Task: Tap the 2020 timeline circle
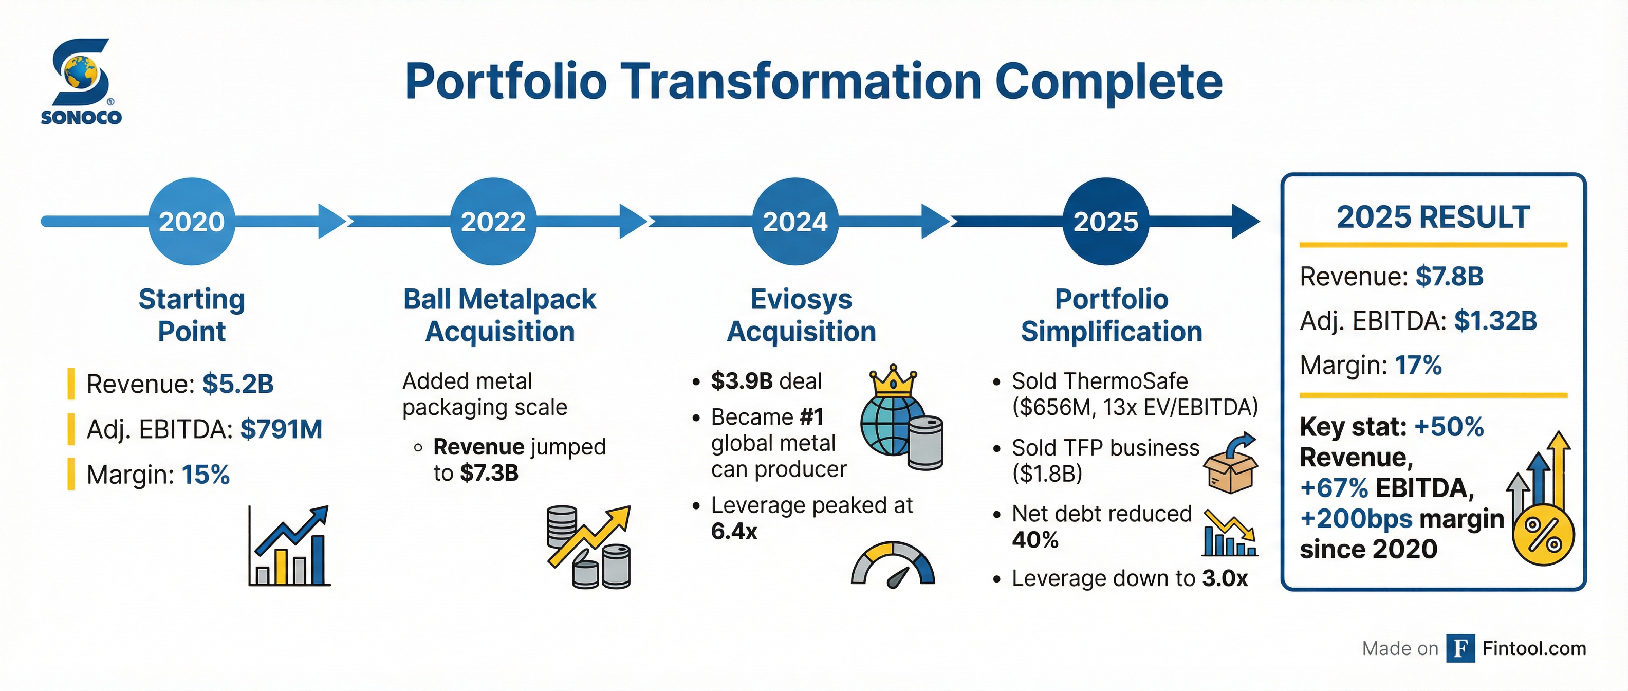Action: click(192, 221)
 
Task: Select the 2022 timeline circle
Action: click(493, 221)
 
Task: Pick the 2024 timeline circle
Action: click(795, 221)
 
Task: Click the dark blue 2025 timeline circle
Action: click(1105, 221)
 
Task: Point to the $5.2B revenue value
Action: click(237, 384)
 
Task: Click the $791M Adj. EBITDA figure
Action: click(281, 429)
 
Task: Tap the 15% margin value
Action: click(206, 475)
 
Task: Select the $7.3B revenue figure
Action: click(489, 473)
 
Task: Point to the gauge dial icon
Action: click(892, 565)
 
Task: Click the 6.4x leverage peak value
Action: click(734, 532)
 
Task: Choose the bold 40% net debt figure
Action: click(1035, 540)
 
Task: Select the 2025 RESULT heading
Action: click(1433, 217)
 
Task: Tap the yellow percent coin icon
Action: click(1543, 535)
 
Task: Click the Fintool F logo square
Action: click(1460, 648)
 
